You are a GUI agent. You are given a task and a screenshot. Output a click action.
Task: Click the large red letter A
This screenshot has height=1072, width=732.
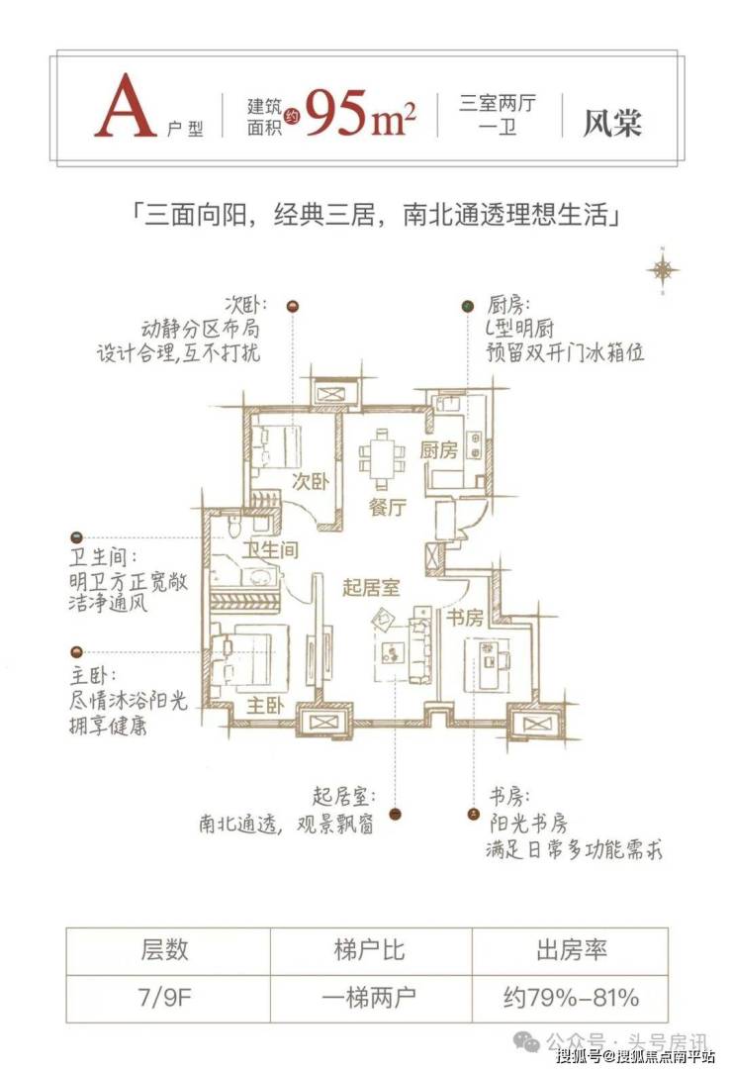[126, 110]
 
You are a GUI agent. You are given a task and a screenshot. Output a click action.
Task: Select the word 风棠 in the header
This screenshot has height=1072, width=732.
[612, 122]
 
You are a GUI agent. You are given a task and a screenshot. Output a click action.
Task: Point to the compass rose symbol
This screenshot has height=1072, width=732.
[661, 269]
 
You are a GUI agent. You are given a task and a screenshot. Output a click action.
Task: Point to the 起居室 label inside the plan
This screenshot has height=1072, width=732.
[371, 587]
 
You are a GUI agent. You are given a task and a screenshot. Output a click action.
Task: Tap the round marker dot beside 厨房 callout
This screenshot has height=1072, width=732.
[466, 307]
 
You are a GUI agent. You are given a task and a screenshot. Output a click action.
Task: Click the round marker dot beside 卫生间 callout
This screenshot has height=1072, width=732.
[75, 533]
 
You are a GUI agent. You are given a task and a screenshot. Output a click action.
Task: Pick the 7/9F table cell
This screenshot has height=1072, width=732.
[164, 998]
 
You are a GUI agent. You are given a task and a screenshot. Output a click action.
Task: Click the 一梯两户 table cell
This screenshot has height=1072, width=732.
[365, 998]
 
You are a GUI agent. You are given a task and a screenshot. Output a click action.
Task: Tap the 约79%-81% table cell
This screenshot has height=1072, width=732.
[571, 998]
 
